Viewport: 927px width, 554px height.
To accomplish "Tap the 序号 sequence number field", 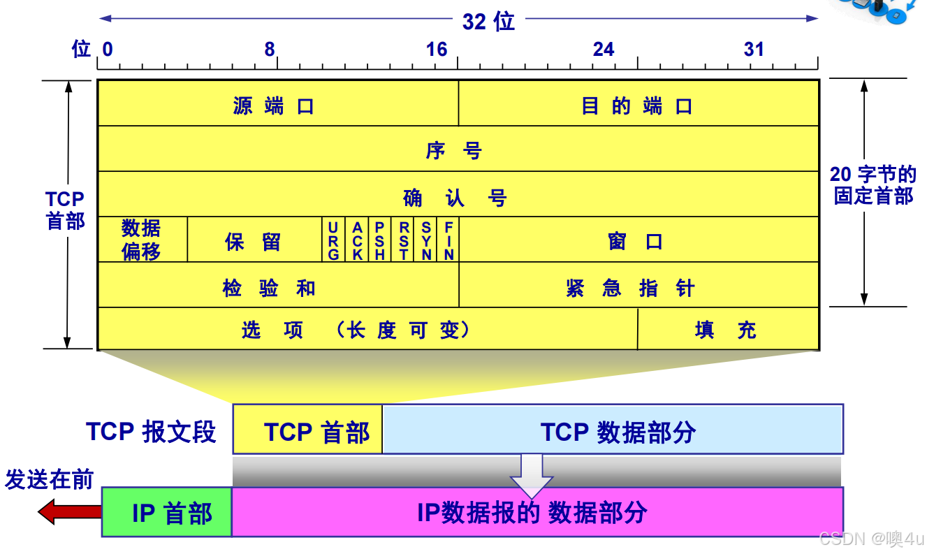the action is tap(458, 150).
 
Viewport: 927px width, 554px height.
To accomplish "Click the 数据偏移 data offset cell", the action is tap(142, 240).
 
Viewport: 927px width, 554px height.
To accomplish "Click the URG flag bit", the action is tap(334, 240).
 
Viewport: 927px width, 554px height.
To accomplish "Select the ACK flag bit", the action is tap(357, 240).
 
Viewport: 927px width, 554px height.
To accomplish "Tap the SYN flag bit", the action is tap(425, 240).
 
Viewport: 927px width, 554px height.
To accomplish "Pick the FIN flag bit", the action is tap(448, 240).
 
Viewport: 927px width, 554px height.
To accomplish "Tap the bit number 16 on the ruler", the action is tap(437, 50).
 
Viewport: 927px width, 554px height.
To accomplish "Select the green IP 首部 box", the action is tap(167, 513).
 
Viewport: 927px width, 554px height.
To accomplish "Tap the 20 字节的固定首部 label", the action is tap(873, 185).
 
